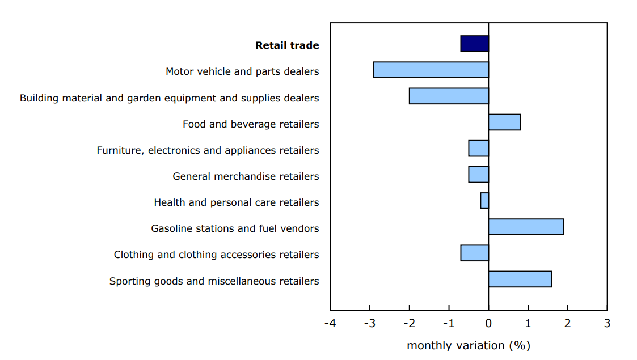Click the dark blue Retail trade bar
click(474, 44)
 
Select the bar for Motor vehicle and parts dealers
click(431, 70)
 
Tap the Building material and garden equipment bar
click(449, 96)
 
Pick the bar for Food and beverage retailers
click(504, 122)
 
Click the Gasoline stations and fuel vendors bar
click(526, 227)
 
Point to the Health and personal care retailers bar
click(484, 201)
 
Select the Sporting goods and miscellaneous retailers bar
click(520, 279)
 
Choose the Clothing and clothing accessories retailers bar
click(474, 253)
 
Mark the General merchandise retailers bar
click(478, 175)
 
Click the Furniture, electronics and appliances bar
click(478, 149)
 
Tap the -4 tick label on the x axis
click(330, 323)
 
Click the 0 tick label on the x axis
click(488, 323)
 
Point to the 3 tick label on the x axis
click(607, 323)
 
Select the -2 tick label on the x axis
click(408, 323)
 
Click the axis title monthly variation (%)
click(468, 345)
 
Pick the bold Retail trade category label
click(287, 45)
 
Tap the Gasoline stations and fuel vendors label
click(235, 228)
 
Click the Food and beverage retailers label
click(251, 124)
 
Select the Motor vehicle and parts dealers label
click(242, 71)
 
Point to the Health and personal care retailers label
click(237, 202)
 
